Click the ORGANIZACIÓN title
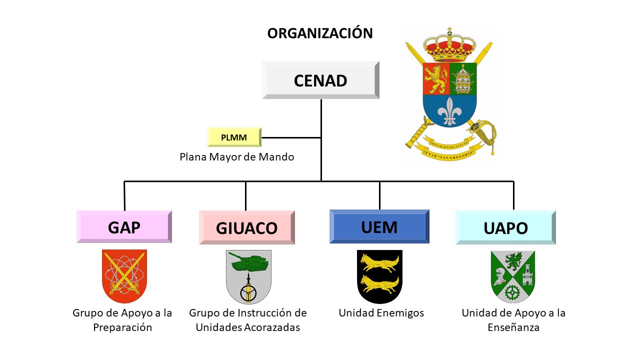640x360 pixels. [x=320, y=33]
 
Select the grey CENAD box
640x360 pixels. [x=320, y=80]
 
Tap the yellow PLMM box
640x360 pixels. [x=234, y=137]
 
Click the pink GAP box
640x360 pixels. [x=124, y=227]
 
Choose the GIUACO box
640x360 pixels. [x=246, y=227]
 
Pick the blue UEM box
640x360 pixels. [x=379, y=226]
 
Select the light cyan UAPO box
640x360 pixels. [x=505, y=227]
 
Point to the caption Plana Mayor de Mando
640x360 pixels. [x=237, y=157]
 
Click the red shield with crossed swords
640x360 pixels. [x=124, y=276]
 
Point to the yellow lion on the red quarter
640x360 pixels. [x=435, y=78]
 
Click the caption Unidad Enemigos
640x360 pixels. [x=381, y=313]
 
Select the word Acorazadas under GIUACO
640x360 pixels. [x=275, y=328]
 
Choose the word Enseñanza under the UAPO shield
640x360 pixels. [x=513, y=328]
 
